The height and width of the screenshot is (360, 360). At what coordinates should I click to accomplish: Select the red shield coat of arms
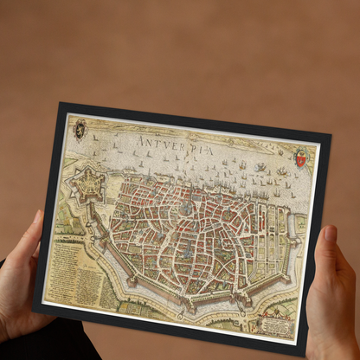[300, 158]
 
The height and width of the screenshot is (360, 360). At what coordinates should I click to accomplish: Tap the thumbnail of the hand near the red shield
[330, 234]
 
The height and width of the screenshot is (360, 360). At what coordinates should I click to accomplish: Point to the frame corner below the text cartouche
[305, 347]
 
